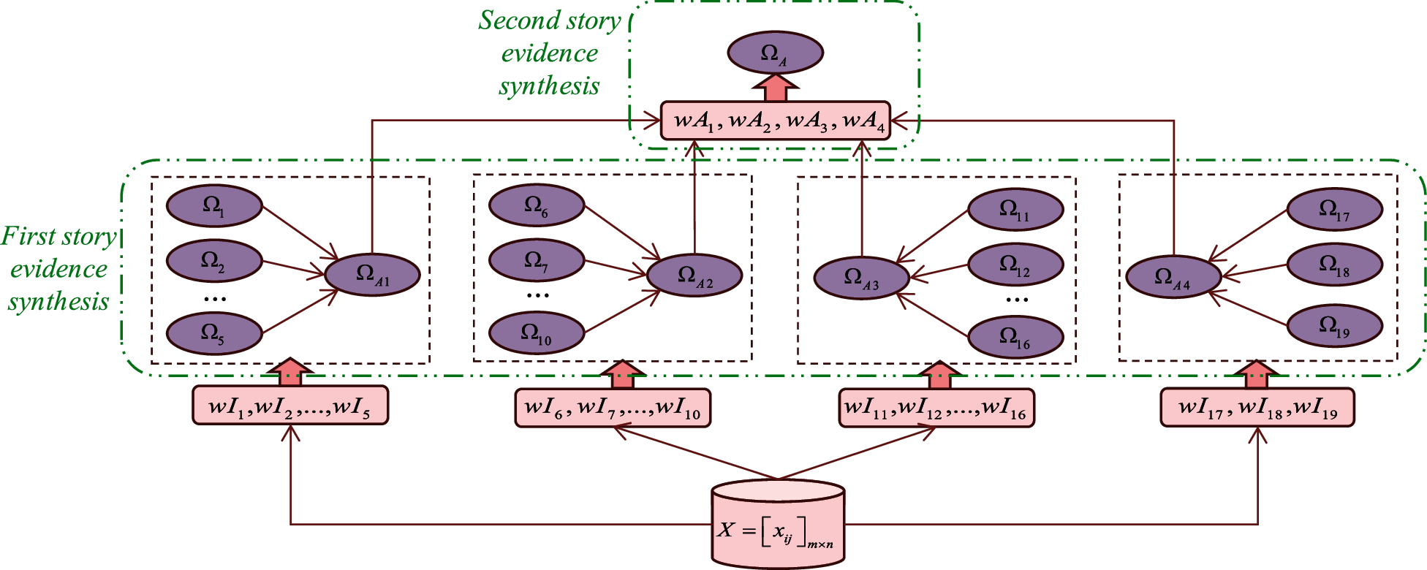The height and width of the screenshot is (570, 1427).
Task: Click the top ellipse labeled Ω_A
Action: pos(775,53)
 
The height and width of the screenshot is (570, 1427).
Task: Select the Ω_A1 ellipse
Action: pos(372,275)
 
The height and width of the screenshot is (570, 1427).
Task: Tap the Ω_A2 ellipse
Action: pos(694,275)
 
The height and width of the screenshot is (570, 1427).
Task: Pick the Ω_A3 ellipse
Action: pos(862,278)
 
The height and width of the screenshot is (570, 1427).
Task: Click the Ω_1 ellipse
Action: pos(214,206)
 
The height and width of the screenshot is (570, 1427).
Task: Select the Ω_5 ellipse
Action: pos(214,333)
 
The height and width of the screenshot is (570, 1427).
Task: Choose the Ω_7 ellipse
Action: pos(537,261)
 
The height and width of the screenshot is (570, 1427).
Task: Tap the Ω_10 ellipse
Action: pos(537,333)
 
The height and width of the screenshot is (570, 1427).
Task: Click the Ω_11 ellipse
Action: pos(1015,210)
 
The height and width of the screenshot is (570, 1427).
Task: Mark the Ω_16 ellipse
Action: pos(1015,337)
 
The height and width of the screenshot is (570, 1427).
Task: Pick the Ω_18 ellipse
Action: pos(1334,265)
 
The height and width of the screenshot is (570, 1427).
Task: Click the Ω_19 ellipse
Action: pos(1334,325)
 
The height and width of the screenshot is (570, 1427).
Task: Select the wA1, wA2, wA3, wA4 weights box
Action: pos(775,121)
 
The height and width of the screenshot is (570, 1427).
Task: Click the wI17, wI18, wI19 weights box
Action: pos(1257,407)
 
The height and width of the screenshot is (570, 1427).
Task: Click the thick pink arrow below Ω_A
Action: pos(775,88)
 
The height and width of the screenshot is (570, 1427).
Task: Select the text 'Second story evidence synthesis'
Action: pos(550,53)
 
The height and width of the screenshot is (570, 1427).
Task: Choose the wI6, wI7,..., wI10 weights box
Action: pos(613,407)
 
